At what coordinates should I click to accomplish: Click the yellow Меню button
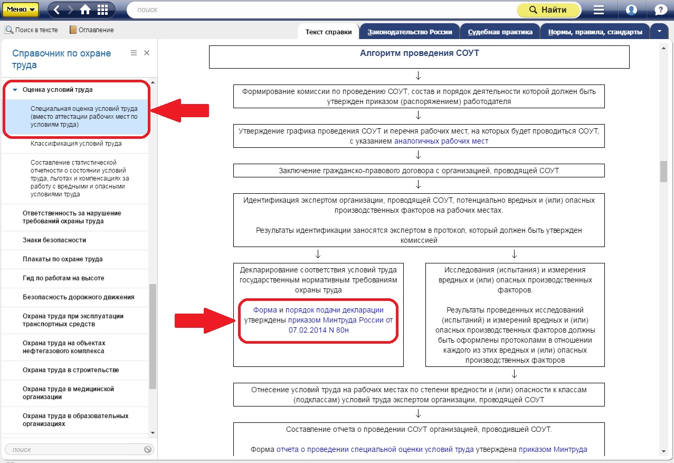pos(21,10)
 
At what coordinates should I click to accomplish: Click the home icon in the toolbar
pos(86,10)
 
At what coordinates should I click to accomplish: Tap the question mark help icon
pos(660,10)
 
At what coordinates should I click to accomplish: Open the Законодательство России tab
pos(410,32)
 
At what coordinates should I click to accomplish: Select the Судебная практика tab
pos(500,32)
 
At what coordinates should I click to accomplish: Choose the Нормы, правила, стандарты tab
pos(595,32)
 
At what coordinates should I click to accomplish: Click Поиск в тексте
pos(31,30)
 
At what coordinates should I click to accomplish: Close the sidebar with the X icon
pos(147,53)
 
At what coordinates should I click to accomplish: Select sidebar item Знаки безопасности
pos(54,240)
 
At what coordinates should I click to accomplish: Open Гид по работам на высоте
pos(63,278)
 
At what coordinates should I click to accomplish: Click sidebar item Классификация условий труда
pos(76,144)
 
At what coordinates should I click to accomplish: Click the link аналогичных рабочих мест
pos(441,141)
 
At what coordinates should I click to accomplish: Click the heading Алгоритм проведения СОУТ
pos(419,53)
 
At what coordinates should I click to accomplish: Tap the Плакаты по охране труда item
pos(62,259)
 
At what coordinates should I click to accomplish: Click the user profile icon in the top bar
pos(631,10)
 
